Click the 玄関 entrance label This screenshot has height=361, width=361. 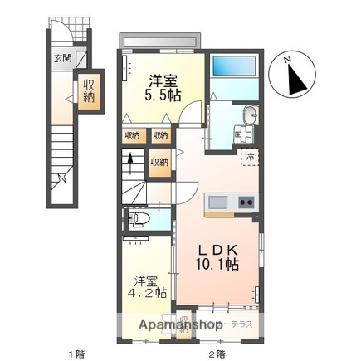coord(61,58)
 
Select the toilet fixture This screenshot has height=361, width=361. coord(139,219)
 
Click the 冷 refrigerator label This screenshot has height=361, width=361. coord(249,155)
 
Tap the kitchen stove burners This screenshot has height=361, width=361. coord(246,202)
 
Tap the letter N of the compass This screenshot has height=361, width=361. coord(287,60)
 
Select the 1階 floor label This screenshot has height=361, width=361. coord(73,353)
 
